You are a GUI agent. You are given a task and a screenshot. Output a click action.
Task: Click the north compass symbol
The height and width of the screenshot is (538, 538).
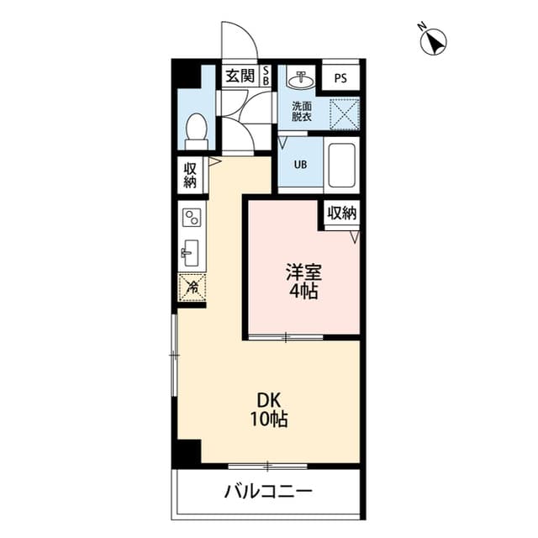(x=433, y=41)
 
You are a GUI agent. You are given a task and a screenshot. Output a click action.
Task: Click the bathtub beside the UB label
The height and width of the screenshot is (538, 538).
(x=341, y=166)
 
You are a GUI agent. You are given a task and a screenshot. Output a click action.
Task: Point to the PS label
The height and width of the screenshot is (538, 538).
(x=340, y=78)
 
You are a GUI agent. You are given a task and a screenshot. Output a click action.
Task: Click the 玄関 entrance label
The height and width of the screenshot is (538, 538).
(x=240, y=76)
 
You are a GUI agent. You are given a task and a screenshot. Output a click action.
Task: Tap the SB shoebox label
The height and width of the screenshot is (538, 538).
(x=266, y=76)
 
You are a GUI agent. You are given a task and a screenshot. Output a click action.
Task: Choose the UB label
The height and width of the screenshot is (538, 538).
(x=300, y=165)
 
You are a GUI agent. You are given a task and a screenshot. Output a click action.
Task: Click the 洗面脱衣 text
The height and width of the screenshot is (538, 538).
(x=302, y=111)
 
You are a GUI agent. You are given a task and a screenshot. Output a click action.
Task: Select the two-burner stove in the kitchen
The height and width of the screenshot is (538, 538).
(x=192, y=218)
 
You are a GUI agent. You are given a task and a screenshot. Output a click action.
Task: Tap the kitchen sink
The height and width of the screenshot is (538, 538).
(x=190, y=253)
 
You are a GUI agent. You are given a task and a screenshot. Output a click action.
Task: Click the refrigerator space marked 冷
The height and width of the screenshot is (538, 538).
(x=193, y=287)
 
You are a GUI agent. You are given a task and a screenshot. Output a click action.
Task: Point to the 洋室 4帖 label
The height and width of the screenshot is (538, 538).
(x=303, y=281)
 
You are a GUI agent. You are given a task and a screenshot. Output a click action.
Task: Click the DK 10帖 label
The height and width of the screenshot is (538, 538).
(x=269, y=409)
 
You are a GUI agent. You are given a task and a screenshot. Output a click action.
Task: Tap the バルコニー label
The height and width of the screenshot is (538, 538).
(x=268, y=491)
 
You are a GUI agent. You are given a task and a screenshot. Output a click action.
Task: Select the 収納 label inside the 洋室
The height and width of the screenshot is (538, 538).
(x=342, y=213)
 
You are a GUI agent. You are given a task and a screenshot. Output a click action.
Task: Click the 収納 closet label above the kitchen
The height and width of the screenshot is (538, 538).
(x=190, y=175)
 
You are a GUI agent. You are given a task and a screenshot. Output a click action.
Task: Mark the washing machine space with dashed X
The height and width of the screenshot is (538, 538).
(x=345, y=114)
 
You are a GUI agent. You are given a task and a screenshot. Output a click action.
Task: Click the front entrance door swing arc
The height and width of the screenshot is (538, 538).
(x=245, y=33)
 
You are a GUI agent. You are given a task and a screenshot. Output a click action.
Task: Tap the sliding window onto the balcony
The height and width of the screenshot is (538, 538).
(x=267, y=466)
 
